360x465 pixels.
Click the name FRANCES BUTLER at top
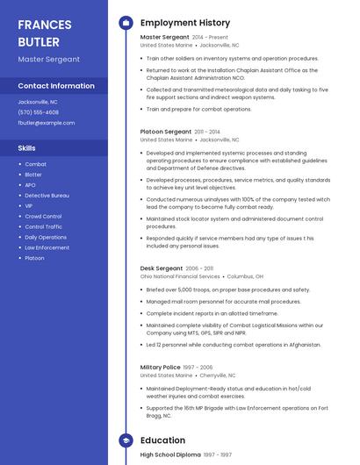45,32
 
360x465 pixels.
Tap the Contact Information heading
56,86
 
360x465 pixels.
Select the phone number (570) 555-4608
39,112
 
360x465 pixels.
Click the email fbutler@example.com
47,123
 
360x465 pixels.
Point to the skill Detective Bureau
47,195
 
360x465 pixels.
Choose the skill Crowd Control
43,216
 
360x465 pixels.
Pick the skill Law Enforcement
47,247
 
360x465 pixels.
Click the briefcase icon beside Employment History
126,22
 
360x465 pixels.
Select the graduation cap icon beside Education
126,440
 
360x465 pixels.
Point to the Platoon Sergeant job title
166,131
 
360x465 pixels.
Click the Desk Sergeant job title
162,268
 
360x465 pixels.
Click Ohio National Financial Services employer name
180,276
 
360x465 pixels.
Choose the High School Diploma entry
170,454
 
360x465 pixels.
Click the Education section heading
162,440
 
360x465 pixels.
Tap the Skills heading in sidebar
27,148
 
